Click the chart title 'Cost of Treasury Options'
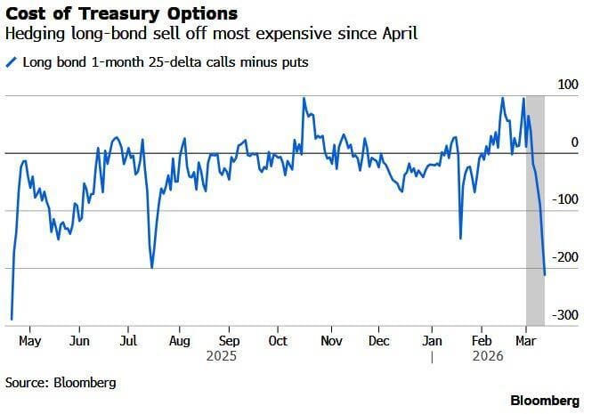(x=122, y=14)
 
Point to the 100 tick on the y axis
(x=567, y=85)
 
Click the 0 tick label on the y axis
(x=574, y=142)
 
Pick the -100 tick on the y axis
(x=564, y=199)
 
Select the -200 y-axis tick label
(x=564, y=257)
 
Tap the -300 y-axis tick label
(x=564, y=315)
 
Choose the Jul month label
(x=128, y=341)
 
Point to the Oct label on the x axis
(x=279, y=341)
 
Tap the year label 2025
(x=230, y=356)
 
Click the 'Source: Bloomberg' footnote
(x=61, y=383)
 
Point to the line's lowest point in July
(x=152, y=267)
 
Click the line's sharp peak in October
(x=304, y=99)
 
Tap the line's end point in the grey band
(x=545, y=275)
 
